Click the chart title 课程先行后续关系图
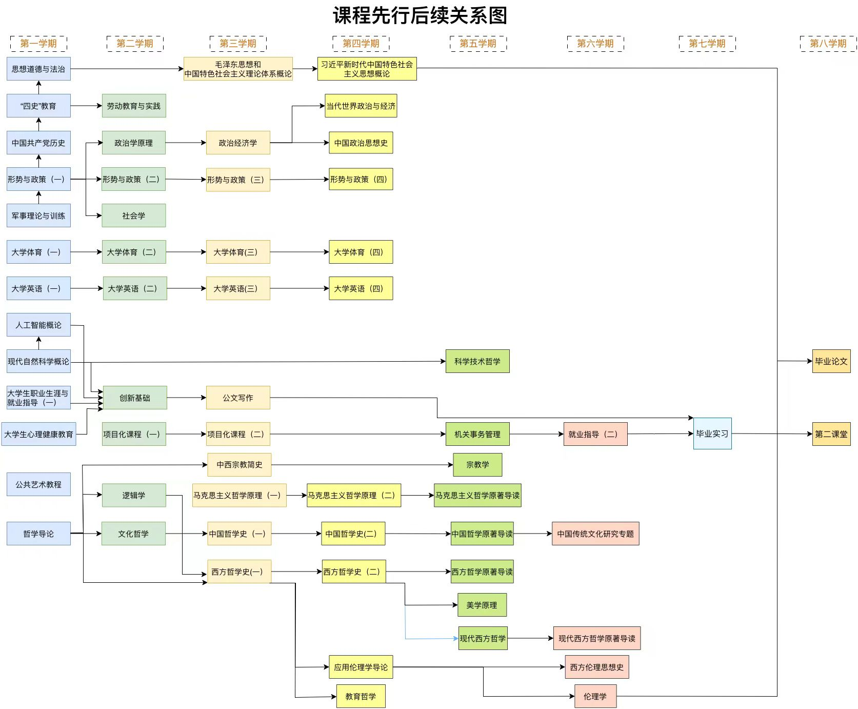click(x=420, y=15)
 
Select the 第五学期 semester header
click(x=478, y=44)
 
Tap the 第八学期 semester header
click(x=828, y=44)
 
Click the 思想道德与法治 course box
click(x=38, y=69)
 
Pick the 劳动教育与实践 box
click(x=133, y=106)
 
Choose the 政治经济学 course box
click(x=238, y=143)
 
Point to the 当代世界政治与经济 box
click(x=361, y=106)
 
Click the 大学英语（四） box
click(x=361, y=288)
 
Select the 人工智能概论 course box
click(x=38, y=325)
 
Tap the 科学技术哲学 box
click(x=477, y=361)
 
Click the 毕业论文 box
click(x=831, y=361)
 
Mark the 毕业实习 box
click(x=712, y=434)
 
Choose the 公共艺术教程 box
click(x=38, y=484)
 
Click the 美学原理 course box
click(x=482, y=605)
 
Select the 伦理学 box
click(x=595, y=696)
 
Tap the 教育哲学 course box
click(x=361, y=696)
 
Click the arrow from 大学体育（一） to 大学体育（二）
click(x=86, y=252)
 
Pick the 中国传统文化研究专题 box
click(x=595, y=534)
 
